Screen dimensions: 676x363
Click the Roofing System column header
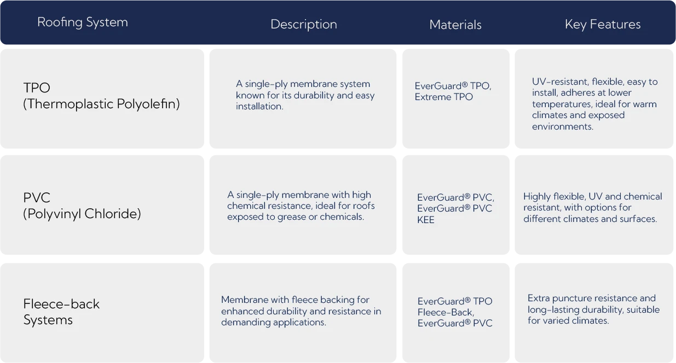[x=83, y=22]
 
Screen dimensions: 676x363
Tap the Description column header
[x=304, y=24]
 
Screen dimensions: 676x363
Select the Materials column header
[x=455, y=25]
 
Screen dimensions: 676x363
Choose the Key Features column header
[x=603, y=24]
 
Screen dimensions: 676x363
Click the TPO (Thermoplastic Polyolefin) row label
[x=101, y=96]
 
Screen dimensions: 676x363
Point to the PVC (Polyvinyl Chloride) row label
[x=82, y=206]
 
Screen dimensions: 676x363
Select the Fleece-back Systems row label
[x=61, y=312]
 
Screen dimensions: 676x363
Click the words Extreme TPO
[x=443, y=97]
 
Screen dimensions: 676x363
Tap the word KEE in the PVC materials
[x=426, y=220]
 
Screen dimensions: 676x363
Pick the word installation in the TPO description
[x=259, y=107]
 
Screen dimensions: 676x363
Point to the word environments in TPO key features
[x=563, y=127]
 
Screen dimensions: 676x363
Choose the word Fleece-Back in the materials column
[x=446, y=312]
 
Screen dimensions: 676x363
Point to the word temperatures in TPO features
[x=562, y=104]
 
